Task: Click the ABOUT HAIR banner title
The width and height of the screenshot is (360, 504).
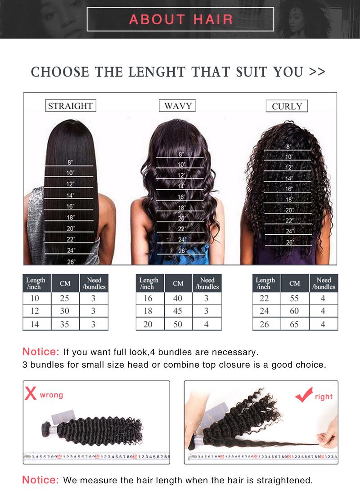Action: click(180, 19)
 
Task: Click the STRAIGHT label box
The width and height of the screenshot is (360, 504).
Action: click(70, 106)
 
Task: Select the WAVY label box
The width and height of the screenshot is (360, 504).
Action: click(178, 106)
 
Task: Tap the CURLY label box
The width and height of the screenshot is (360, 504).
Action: click(287, 107)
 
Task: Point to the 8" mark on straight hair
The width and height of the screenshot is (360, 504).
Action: click(70, 162)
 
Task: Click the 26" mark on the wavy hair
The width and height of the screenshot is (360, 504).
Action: click(182, 251)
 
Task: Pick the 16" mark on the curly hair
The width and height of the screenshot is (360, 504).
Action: click(288, 189)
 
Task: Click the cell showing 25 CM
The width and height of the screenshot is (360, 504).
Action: click(65, 298)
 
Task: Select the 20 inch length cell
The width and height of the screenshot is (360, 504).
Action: click(148, 324)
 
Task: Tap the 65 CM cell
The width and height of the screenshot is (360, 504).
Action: click(294, 324)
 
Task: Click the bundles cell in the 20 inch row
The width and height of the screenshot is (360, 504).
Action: click(207, 324)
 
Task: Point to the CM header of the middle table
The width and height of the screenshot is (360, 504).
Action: click(178, 283)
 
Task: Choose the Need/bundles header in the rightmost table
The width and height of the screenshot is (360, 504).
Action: click(324, 283)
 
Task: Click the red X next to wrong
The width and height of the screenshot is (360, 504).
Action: click(31, 394)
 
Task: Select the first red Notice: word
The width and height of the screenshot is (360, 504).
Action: click(41, 351)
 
